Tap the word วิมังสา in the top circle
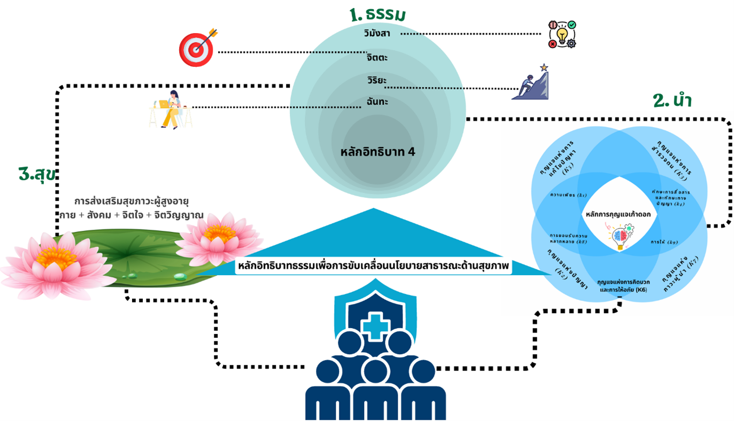coord(377,33)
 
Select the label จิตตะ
coord(377,57)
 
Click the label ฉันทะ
coord(377,101)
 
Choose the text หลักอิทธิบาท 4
coord(377,151)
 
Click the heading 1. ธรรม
coord(377,14)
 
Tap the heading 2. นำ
coord(673,100)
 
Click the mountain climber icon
coord(530,82)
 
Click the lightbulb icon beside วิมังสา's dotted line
coord(562,35)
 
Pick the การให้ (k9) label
coord(664,242)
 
